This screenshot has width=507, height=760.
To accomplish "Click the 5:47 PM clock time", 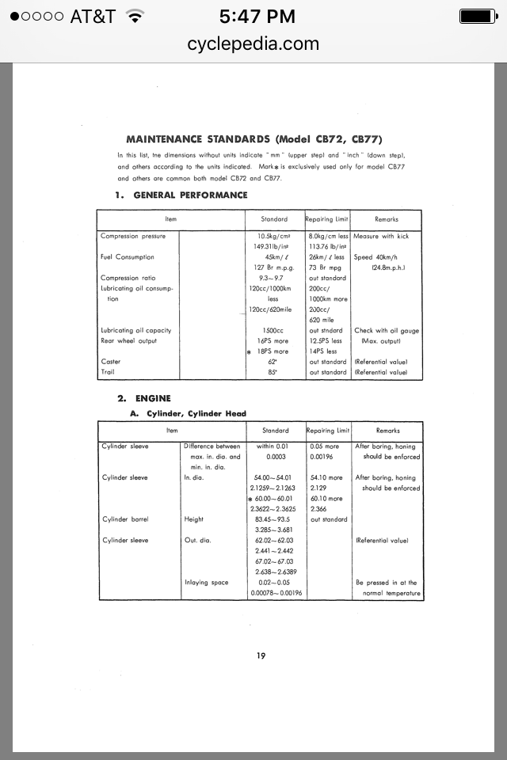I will coord(253,16).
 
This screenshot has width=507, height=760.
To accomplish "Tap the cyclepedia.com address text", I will coord(253,44).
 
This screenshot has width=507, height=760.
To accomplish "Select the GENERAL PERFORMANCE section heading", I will coord(190,195).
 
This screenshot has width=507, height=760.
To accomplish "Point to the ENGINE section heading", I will coord(153,398).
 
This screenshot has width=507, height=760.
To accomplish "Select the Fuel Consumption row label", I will coord(128,256).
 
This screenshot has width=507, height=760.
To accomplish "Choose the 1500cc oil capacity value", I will coord(274,330).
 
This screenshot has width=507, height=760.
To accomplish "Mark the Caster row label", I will coord(111,361).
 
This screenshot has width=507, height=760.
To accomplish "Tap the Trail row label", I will coord(109,371).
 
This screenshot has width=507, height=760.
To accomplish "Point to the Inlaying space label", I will coord(206,582).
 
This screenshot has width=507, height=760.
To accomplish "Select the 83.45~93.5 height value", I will coord(274,519).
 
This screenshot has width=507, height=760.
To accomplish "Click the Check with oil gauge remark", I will coord(387,330).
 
